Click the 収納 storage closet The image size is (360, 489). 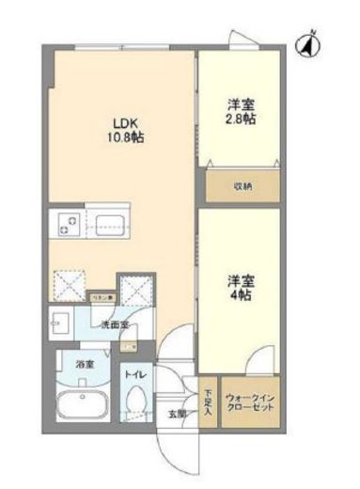tap(243, 185)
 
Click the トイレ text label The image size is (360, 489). tap(135, 374)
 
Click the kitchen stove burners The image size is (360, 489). tap(67, 224)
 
